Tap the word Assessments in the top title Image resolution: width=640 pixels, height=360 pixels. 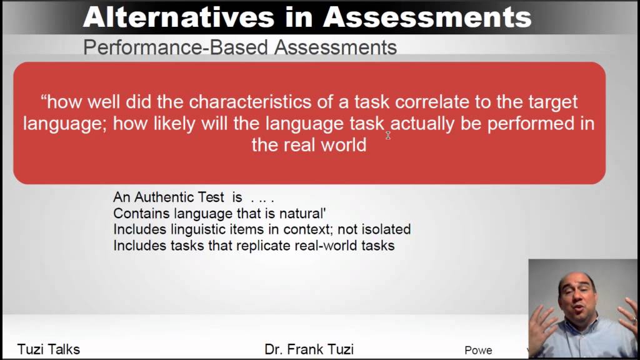(x=427, y=17)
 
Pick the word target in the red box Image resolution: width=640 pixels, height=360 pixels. (x=550, y=101)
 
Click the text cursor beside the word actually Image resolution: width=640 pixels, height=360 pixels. (x=387, y=134)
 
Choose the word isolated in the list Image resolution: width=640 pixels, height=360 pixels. (x=383, y=229)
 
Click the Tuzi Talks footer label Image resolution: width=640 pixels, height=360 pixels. (x=49, y=349)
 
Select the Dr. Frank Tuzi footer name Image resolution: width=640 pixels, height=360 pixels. (x=309, y=349)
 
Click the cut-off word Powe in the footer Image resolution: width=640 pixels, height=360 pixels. (x=478, y=350)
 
